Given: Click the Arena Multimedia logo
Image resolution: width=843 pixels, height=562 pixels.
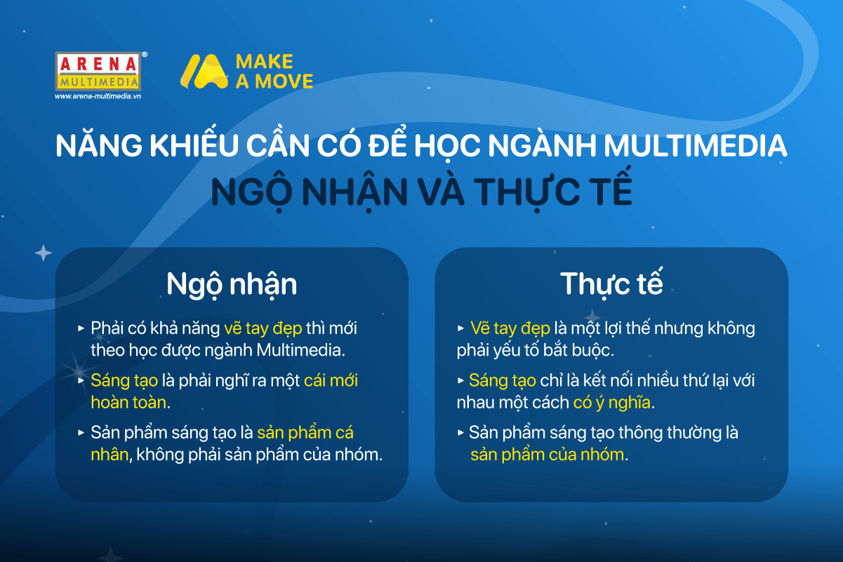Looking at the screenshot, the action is coord(98,72).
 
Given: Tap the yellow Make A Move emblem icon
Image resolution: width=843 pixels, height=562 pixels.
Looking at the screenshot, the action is coord(204,72).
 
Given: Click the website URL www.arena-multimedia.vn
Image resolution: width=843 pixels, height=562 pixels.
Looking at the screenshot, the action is coord(98,96).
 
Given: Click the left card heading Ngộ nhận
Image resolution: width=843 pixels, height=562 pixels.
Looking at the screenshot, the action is coord(232,284).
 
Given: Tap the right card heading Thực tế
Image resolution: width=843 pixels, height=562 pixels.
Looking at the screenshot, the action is coord(611,283).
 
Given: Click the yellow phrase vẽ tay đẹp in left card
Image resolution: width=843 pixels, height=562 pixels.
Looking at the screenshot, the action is coord(263,328).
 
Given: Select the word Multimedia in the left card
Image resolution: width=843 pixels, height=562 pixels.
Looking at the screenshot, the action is coord(300,350).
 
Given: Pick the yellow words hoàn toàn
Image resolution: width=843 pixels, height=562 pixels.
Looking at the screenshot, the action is coord(128,403).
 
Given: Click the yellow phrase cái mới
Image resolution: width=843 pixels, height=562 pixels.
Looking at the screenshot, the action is coord(331,380).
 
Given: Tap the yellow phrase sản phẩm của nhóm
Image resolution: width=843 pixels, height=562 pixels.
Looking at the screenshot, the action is coord(547,455).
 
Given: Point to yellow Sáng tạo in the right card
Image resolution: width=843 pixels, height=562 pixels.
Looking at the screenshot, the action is coord(503,381).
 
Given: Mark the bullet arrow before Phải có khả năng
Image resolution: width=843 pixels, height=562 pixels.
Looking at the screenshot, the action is coord(81,328).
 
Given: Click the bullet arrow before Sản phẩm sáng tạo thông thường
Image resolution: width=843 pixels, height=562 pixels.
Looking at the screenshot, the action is coord(460,433).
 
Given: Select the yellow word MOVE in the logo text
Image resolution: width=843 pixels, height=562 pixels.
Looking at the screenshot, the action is coord(284,81).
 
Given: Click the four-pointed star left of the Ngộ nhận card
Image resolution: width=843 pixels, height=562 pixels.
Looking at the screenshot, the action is coord(44,253).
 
